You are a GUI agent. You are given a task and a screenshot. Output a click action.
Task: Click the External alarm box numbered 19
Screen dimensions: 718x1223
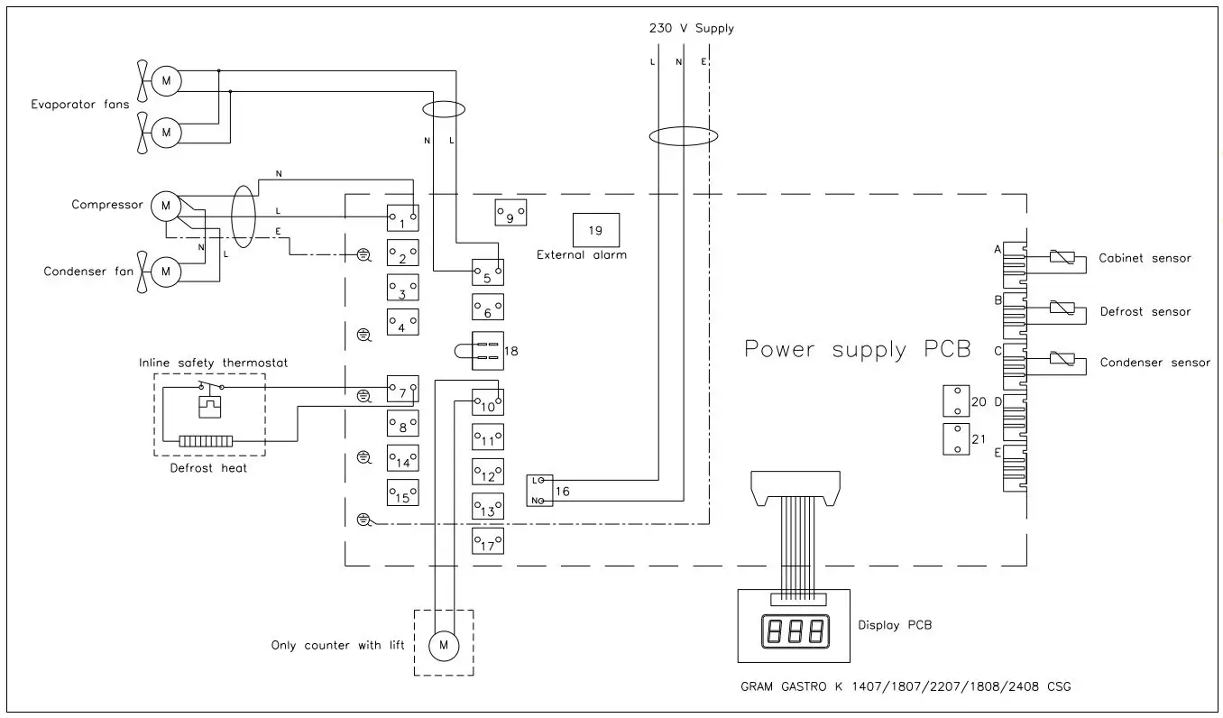[595, 230]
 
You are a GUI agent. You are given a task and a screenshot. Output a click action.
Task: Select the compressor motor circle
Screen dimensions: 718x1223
[165, 206]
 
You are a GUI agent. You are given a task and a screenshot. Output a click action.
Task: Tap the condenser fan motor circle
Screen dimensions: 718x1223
[165, 271]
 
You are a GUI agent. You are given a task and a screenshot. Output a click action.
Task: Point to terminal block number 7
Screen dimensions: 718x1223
[402, 391]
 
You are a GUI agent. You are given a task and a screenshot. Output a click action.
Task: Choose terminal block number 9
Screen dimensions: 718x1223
[510, 214]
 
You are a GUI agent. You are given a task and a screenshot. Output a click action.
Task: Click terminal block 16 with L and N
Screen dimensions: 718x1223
[538, 490]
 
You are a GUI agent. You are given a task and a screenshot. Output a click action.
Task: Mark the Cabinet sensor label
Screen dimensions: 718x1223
[1144, 258]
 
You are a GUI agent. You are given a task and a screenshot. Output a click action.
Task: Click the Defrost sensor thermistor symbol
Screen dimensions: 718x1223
[1062, 308]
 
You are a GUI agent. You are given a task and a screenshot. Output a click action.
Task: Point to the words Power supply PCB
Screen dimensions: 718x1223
[857, 349]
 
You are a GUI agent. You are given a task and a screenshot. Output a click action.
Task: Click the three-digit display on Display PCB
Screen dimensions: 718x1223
[794, 631]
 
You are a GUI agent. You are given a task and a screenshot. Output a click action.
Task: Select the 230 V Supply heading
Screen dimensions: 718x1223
[691, 28]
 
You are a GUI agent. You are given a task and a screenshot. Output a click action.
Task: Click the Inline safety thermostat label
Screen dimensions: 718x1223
[213, 363]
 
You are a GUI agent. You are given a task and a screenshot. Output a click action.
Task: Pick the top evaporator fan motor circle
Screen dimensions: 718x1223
[165, 81]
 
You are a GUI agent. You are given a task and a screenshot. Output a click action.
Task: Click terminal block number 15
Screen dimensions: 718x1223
[402, 493]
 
